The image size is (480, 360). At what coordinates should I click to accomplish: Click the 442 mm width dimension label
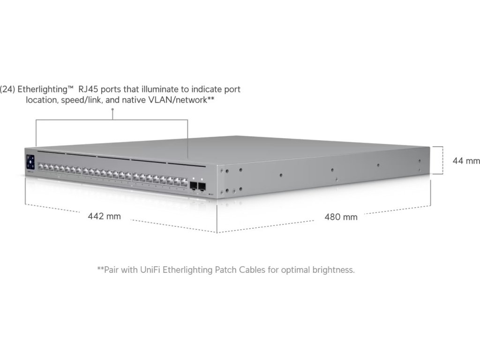[x=104, y=216]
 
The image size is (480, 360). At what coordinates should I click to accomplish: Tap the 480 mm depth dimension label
[x=341, y=217]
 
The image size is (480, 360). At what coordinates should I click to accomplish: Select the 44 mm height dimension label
[x=466, y=161]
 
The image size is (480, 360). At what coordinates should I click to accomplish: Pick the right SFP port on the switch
[x=202, y=187]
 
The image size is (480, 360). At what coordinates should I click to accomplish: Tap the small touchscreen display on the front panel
[x=30, y=161]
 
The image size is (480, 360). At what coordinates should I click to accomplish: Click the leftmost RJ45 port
[x=41, y=166]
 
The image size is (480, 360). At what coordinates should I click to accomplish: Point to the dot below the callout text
[x=112, y=110]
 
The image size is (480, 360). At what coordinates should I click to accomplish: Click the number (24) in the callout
[x=7, y=89]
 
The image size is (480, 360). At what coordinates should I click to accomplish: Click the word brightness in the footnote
[x=336, y=270]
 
